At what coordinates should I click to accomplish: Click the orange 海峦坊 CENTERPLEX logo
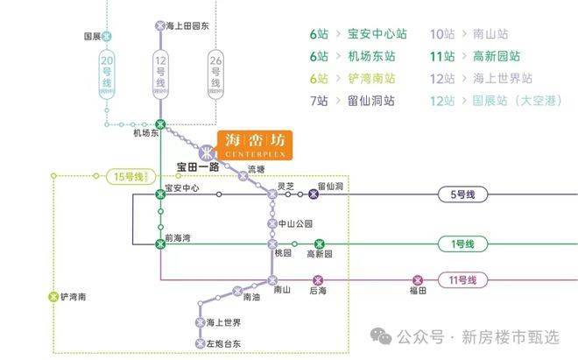coord(255,145)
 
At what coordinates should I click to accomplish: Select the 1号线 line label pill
coord(460,244)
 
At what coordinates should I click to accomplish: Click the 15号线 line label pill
coord(129,177)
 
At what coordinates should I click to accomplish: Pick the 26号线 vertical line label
coord(215,73)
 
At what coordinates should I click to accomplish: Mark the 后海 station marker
coord(319,280)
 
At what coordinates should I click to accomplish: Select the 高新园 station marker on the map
coord(320,244)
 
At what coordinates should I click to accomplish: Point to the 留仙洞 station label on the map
coord(330,187)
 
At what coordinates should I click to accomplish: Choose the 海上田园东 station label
coord(187,26)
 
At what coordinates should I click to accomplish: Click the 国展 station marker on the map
coord(107,37)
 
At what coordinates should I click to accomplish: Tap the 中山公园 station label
coord(295,223)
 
